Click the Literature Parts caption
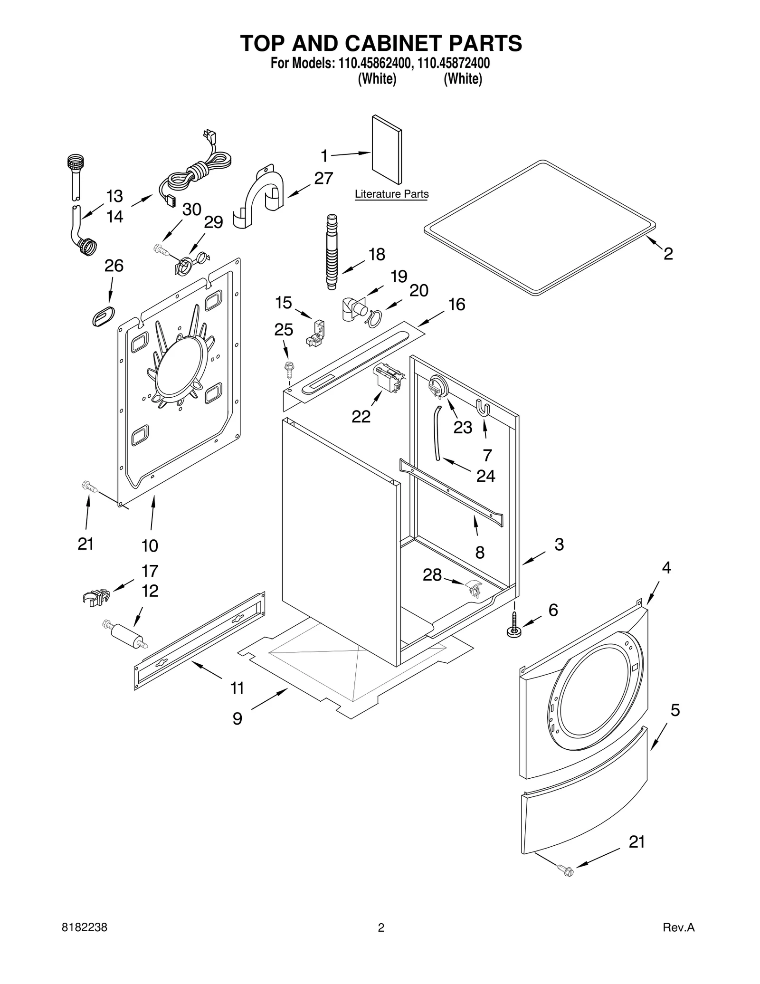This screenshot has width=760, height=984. tap(391, 194)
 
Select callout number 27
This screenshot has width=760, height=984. tap(323, 178)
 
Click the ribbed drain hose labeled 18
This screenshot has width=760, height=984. tap(332, 252)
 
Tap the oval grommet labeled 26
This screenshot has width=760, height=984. tap(103, 316)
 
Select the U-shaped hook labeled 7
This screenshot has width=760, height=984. tap(483, 408)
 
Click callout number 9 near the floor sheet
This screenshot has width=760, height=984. tap(237, 718)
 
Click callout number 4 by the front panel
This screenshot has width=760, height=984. tap(666, 568)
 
